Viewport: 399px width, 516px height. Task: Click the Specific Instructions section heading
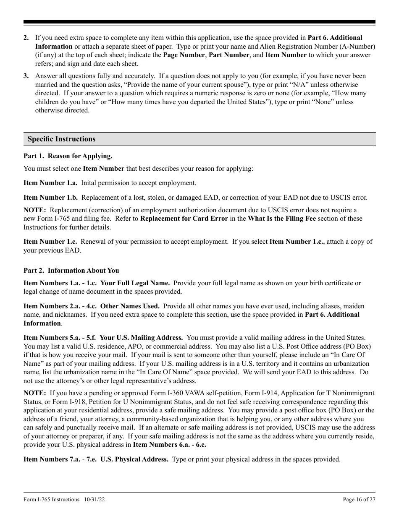(62, 139)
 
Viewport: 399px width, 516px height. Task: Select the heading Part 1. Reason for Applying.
(68, 156)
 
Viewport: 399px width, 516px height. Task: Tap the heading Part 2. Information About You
(71, 271)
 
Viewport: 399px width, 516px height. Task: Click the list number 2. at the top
(26, 38)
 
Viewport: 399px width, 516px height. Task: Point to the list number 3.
(26, 76)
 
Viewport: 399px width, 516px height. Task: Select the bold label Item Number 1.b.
(50, 198)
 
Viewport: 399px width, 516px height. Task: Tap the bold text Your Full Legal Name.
(135, 283)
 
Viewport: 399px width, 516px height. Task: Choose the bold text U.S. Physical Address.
(134, 459)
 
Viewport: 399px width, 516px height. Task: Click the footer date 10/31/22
(94, 500)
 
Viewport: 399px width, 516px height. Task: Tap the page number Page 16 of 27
(359, 500)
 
